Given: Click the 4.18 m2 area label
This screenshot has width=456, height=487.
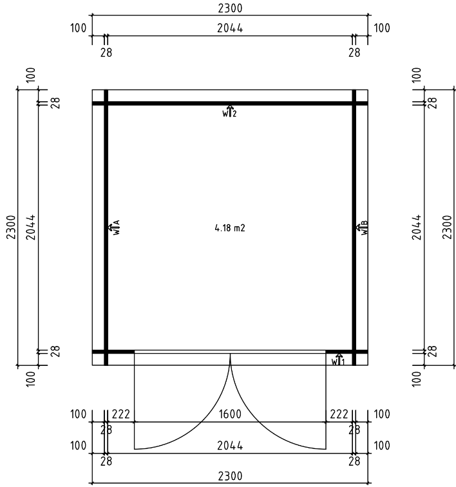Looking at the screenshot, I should point(230,228).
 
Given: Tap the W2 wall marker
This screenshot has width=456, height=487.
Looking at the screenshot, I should point(230,111).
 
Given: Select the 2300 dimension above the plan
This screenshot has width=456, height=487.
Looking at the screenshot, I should point(230,8).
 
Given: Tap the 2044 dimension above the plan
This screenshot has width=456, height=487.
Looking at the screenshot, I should point(230,28).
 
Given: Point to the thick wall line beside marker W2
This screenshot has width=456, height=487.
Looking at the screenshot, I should point(193,103).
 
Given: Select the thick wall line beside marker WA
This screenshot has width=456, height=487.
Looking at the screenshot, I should point(106,193).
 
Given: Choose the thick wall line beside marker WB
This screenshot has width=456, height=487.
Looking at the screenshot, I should point(354,193).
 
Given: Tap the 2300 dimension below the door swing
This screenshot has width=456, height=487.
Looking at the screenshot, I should point(230,475).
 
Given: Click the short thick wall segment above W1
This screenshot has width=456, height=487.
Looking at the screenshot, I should point(347,352).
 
